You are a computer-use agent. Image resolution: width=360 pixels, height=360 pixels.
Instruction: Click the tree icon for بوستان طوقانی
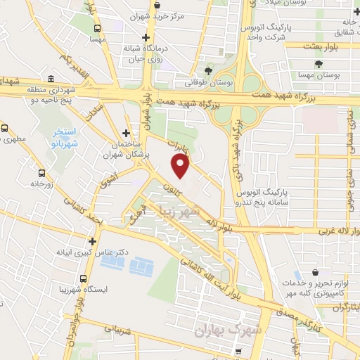[x=208, y=71]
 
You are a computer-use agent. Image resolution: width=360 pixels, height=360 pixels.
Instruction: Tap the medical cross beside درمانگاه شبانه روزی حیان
[x=146, y=37]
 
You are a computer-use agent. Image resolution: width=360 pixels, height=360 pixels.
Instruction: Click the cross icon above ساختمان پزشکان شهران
[x=126, y=133]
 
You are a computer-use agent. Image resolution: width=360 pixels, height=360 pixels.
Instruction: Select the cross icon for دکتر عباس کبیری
[x=92, y=241]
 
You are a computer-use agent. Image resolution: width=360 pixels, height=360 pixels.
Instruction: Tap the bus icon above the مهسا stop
[x=97, y=29]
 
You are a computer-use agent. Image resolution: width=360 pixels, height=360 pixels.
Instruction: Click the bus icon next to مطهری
[x=5, y=129]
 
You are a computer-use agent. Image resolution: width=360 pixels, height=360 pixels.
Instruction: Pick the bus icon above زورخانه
[x=41, y=172]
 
